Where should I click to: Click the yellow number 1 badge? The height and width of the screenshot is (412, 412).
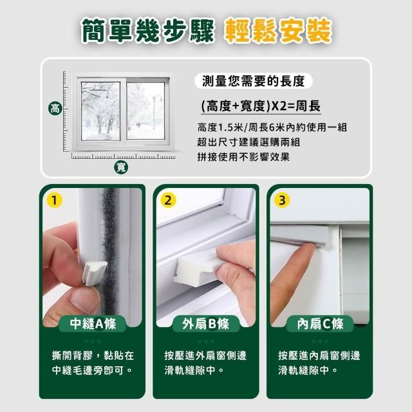(54, 200)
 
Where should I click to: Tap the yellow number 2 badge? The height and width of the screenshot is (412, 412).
(168, 200)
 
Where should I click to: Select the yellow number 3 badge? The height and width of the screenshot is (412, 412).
(282, 200)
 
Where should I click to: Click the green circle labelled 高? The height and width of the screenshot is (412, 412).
(55, 108)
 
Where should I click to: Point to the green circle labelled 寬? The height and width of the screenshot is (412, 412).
(121, 167)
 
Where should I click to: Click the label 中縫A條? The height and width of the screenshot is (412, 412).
(93, 323)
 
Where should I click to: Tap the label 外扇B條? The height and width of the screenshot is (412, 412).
(206, 323)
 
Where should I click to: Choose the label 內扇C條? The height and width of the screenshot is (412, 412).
(320, 323)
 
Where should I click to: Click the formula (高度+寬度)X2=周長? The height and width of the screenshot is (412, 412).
(261, 106)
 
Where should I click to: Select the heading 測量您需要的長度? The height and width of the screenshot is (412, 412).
(253, 81)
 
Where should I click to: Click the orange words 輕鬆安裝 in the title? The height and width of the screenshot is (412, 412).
(277, 31)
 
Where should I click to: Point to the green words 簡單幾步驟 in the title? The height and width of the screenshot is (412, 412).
(148, 31)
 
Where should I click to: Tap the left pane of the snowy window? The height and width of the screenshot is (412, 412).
(101, 111)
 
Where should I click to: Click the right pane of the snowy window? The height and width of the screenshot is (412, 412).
(145, 111)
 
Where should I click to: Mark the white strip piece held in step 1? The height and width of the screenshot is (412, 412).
(94, 273)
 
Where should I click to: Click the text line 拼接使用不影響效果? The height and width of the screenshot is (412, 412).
(243, 157)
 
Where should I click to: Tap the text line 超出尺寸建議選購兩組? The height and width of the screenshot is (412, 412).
(248, 142)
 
